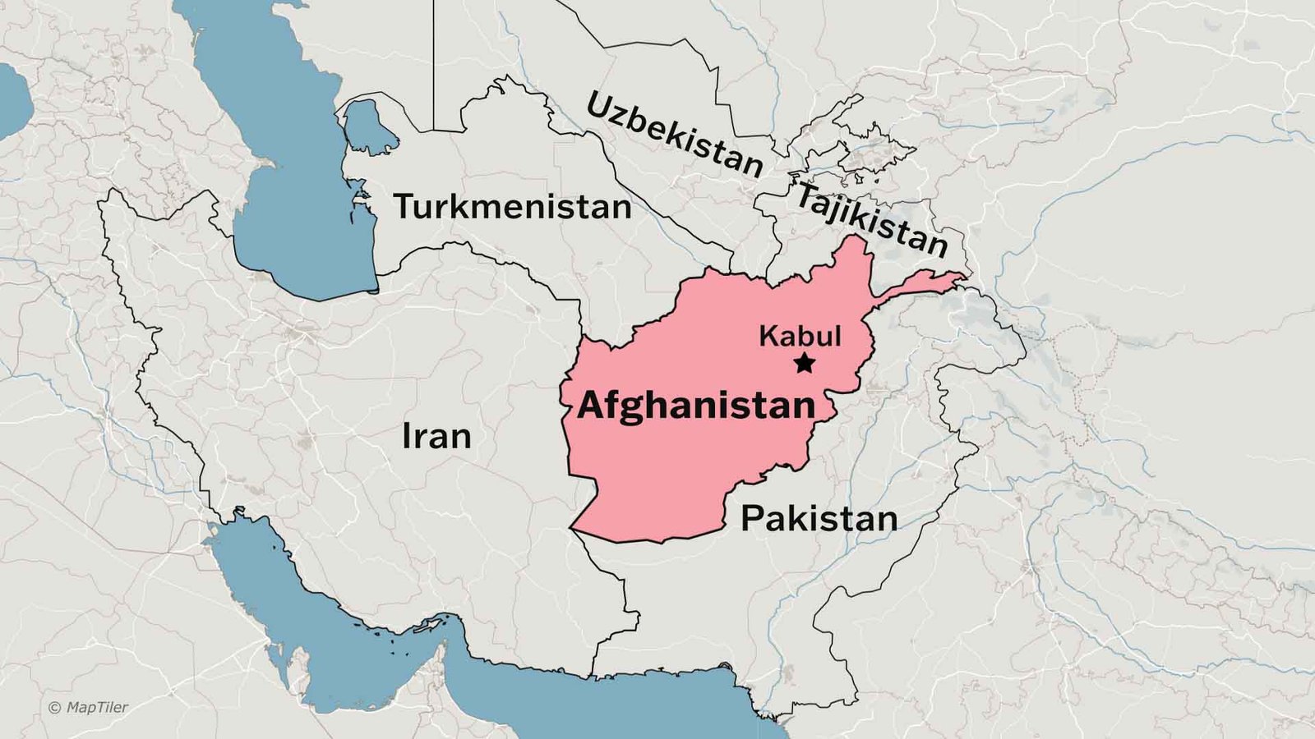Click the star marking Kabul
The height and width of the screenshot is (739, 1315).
(804, 363)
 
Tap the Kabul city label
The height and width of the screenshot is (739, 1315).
(799, 336)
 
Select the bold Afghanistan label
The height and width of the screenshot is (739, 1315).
(695, 406)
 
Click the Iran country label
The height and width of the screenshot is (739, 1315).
(436, 436)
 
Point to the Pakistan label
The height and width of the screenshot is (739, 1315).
(819, 519)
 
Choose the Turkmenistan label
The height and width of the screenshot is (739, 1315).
(512, 207)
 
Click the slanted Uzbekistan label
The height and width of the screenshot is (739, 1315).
(674, 135)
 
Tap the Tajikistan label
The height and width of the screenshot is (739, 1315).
(871, 219)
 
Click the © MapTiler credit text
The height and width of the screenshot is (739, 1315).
(88, 707)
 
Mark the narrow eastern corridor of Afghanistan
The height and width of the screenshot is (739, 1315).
(920, 285)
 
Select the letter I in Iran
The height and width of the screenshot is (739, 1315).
(406, 436)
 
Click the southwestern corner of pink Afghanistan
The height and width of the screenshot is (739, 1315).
(572, 530)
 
